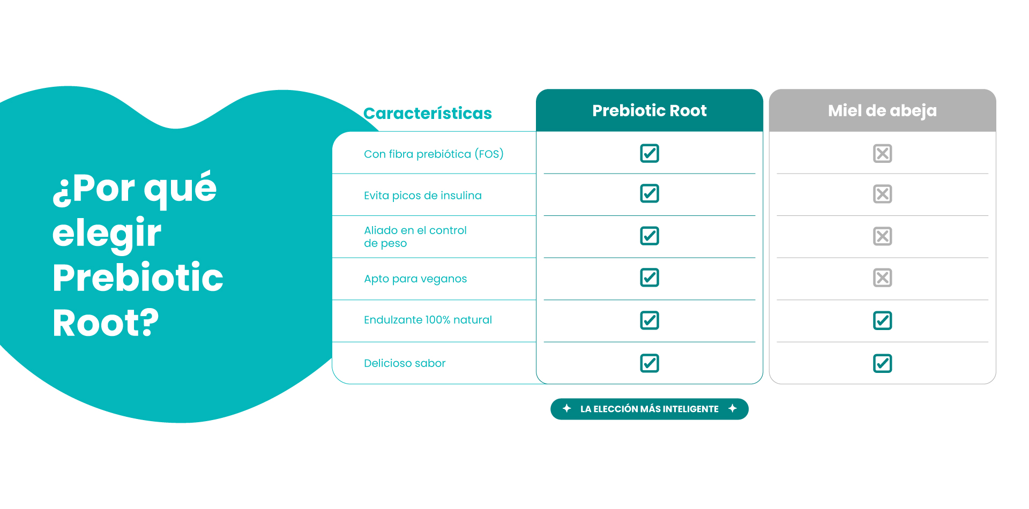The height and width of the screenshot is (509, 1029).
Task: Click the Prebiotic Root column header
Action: [x=649, y=110]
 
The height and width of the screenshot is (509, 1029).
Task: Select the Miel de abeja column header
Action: [x=882, y=110]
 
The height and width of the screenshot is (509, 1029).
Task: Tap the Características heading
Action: [x=427, y=113]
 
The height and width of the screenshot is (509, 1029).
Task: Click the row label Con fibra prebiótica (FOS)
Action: [x=434, y=154]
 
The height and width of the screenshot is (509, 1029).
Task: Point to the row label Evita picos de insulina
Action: [x=422, y=196]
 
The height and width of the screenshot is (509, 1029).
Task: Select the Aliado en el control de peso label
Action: [x=415, y=237]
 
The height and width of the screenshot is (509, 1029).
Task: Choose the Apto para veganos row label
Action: [x=415, y=279]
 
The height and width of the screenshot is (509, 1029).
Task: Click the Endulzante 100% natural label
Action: [x=428, y=320]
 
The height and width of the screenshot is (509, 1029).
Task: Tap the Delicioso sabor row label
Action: [x=405, y=363]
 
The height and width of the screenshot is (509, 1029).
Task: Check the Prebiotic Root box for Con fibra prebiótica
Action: [x=650, y=153]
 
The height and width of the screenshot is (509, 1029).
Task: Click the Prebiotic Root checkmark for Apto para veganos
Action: [x=650, y=278]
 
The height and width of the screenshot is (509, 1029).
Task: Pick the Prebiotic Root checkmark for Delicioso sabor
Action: [x=650, y=363]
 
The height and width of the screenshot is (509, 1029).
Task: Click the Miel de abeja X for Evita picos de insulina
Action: [x=883, y=194]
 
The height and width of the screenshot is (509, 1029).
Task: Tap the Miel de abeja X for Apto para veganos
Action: [x=883, y=278]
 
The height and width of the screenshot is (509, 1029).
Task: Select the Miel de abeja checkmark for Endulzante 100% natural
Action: [x=883, y=321]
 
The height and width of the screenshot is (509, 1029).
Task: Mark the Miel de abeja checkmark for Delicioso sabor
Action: [x=883, y=364]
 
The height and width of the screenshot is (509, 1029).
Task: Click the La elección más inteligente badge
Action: [x=650, y=409]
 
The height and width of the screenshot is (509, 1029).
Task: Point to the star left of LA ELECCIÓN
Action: [x=566, y=408]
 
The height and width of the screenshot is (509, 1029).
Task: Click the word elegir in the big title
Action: [x=107, y=234]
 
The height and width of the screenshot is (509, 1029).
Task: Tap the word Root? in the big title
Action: [x=106, y=323]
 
